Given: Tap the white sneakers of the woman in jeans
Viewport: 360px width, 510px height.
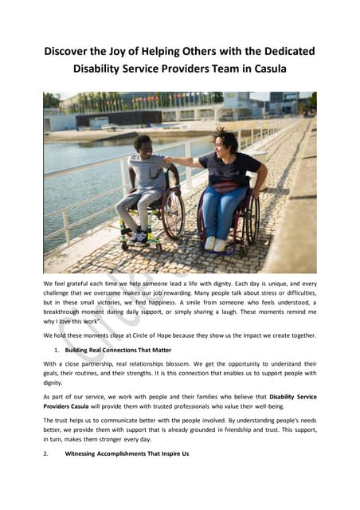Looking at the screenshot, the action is coord(215,243).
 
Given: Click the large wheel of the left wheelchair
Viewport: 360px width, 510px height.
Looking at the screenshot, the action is coord(173,213).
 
